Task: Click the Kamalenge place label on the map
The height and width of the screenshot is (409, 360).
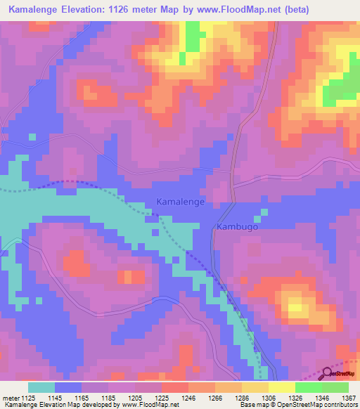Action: click(x=180, y=202)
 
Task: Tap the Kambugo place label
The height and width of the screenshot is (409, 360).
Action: click(x=238, y=228)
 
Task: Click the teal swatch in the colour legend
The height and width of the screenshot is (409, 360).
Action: click(x=41, y=387)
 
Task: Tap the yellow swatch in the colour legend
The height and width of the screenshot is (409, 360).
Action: click(x=281, y=387)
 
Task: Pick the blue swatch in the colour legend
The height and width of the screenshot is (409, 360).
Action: click(x=68, y=387)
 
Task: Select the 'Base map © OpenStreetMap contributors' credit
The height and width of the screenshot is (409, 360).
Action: click(x=298, y=405)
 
